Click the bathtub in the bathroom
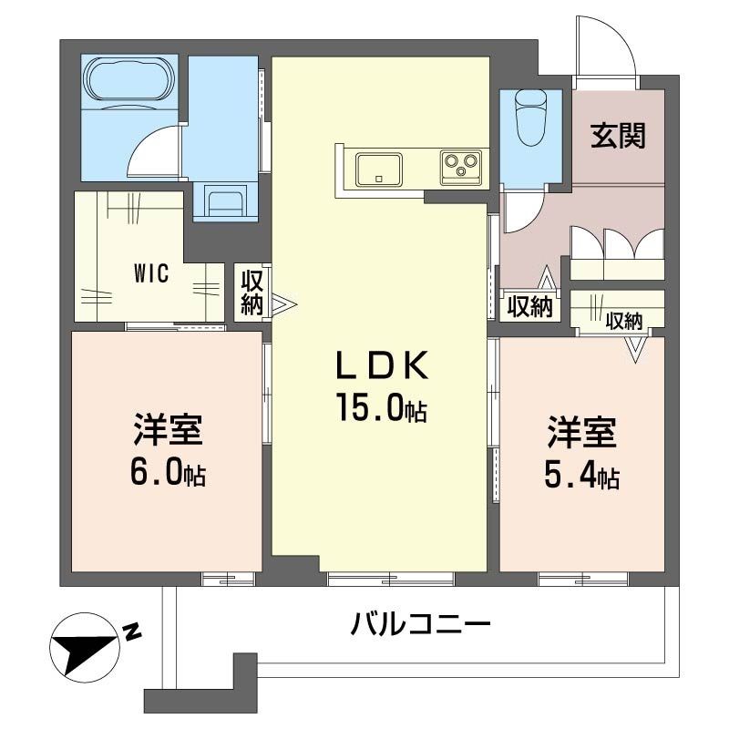128,81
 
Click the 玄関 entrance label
618,136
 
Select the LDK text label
383,366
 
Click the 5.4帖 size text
582,476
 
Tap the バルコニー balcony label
421,625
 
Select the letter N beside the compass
132,630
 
